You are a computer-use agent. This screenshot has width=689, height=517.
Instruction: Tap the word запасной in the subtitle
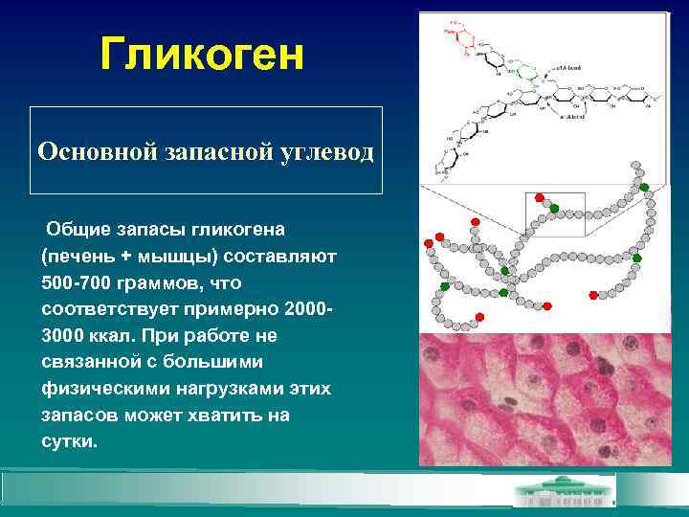[x=189, y=151]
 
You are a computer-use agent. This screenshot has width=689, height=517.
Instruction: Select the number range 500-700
[x=80, y=284]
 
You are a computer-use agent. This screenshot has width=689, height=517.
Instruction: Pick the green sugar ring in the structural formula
[x=516, y=71]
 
